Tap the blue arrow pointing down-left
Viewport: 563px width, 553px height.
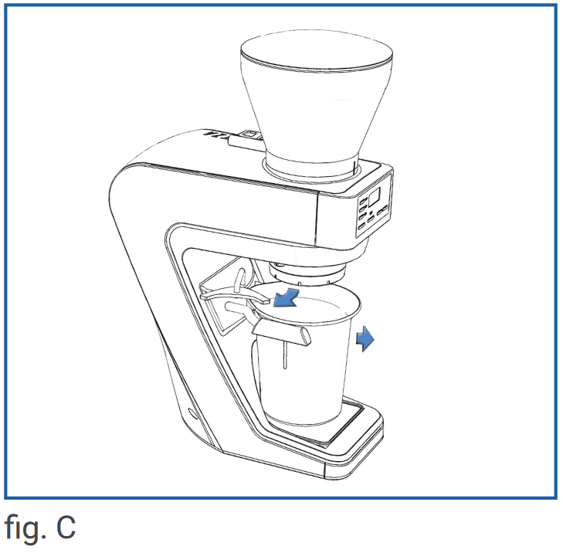pyautogui.click(x=287, y=300)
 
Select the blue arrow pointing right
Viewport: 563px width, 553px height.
pyautogui.click(x=365, y=338)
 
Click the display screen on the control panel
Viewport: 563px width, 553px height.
pyautogui.click(x=374, y=197)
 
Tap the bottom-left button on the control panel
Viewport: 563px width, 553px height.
pyautogui.click(x=361, y=226)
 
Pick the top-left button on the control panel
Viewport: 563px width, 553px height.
pyautogui.click(x=363, y=200)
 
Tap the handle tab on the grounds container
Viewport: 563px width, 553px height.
pyautogui.click(x=282, y=333)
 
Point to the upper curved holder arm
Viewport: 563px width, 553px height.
pyautogui.click(x=236, y=293)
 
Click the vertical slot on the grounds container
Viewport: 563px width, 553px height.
pyautogui.click(x=285, y=355)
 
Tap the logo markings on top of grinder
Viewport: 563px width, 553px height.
pyautogui.click(x=215, y=135)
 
